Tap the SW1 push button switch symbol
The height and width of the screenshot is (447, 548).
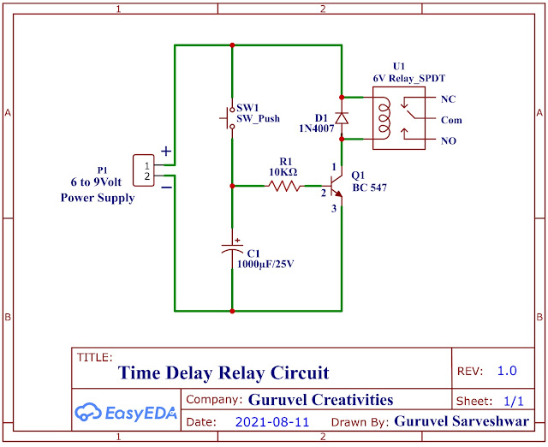(x=231, y=118)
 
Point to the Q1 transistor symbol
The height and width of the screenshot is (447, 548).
(x=336, y=185)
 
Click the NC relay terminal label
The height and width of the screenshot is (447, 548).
(x=449, y=99)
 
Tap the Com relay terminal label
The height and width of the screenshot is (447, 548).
(x=451, y=120)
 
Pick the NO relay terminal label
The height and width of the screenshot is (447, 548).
(x=449, y=141)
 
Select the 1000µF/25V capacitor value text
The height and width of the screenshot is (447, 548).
(x=265, y=265)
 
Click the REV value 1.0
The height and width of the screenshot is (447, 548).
(x=507, y=371)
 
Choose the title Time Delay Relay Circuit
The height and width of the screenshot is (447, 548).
(x=223, y=372)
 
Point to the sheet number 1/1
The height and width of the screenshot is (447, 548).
(x=514, y=400)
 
